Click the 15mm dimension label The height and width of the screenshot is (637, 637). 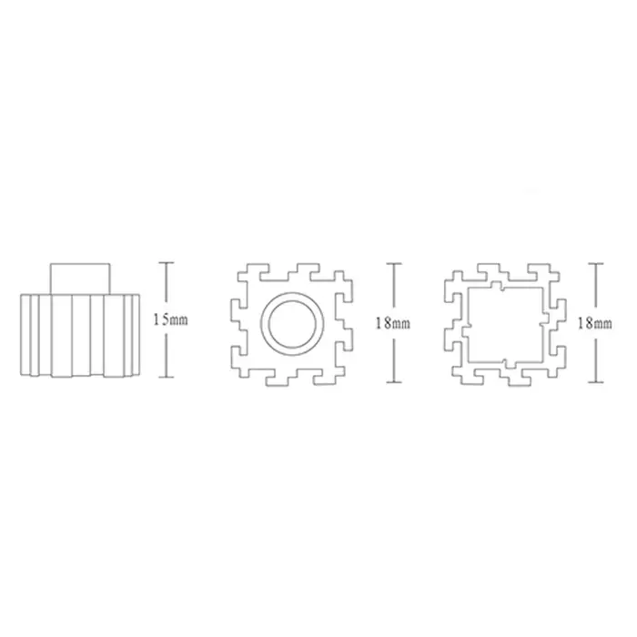171,319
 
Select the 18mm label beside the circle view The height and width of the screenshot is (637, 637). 393,323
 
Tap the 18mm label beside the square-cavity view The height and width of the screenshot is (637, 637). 595,324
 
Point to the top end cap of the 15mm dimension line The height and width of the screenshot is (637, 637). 167,263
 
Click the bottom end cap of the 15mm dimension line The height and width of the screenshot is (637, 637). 167,377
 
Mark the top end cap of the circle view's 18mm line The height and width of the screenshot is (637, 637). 394,263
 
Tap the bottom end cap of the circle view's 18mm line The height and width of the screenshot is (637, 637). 394,382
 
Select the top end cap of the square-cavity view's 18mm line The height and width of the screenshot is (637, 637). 595,263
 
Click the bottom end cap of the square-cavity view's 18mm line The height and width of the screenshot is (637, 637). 595,382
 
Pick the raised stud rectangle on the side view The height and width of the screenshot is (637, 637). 80,278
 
